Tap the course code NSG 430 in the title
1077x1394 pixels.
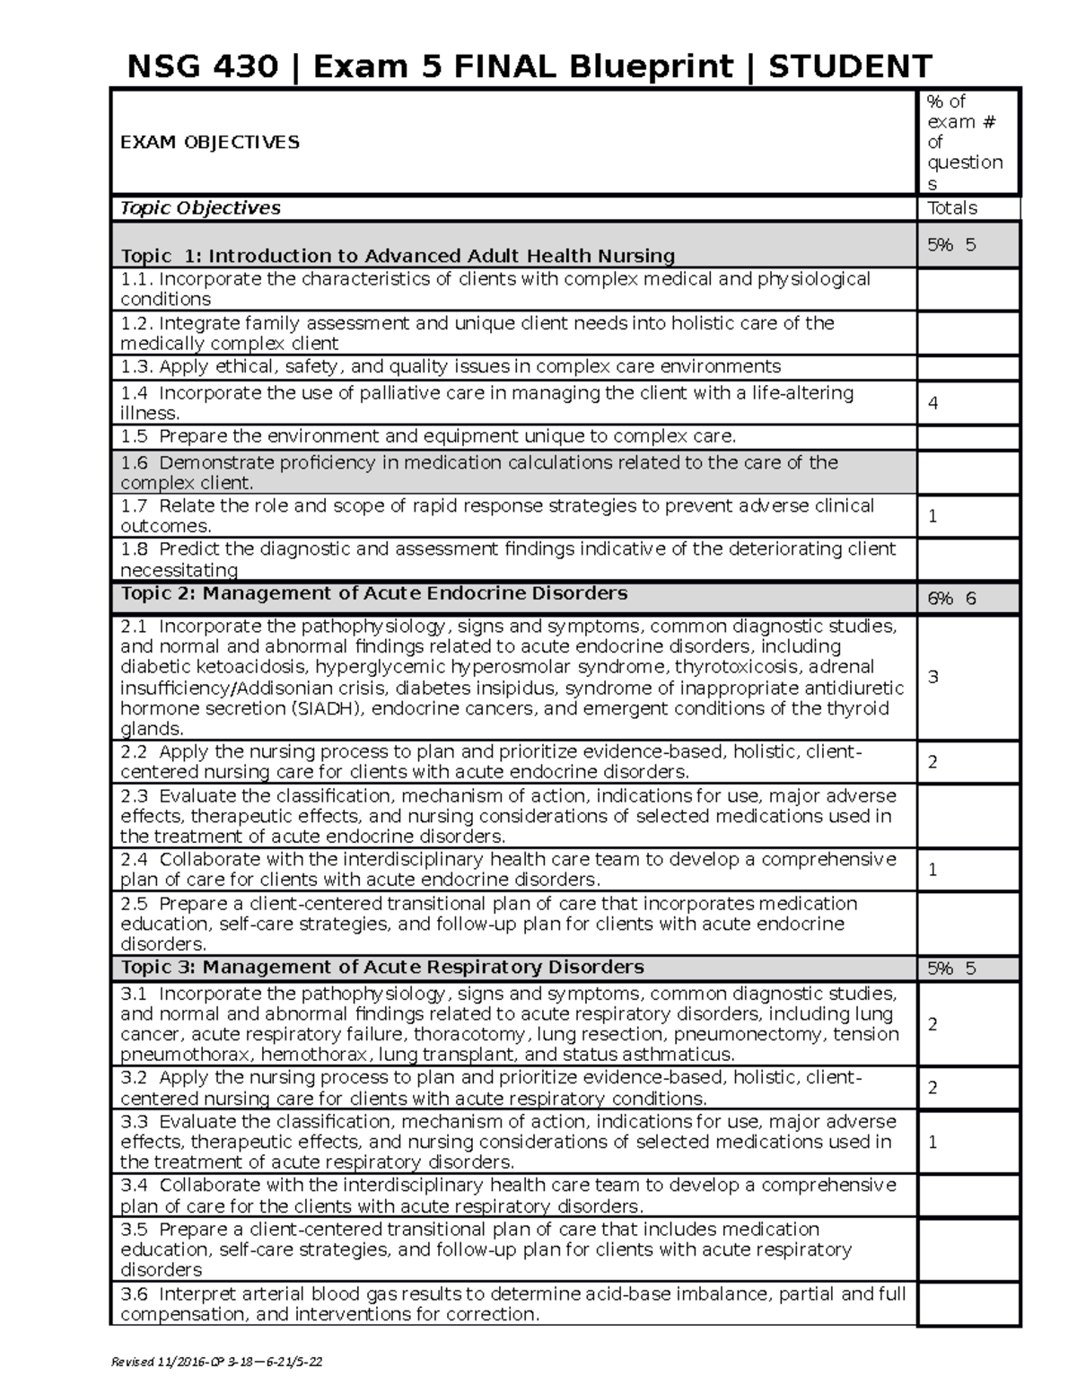[x=202, y=66]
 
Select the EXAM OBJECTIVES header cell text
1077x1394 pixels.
[x=210, y=142]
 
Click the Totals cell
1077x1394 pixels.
[x=951, y=208]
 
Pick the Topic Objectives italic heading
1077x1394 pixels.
[x=200, y=208]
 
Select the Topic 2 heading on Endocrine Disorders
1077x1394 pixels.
[x=373, y=593]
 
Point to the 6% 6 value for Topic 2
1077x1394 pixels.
[x=951, y=599]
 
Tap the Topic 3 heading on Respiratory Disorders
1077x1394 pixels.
[x=381, y=967]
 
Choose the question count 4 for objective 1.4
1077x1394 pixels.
[x=933, y=403]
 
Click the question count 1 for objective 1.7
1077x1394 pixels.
[x=933, y=516]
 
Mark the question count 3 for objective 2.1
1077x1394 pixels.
[x=933, y=677]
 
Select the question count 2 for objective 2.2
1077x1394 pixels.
[x=933, y=762]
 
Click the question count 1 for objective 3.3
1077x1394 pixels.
[x=933, y=1142]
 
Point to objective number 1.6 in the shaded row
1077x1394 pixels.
[x=134, y=462]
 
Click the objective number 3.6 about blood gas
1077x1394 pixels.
[x=134, y=1293]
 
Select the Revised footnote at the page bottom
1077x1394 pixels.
[x=215, y=1362]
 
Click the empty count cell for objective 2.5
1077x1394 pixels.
[x=968, y=924]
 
